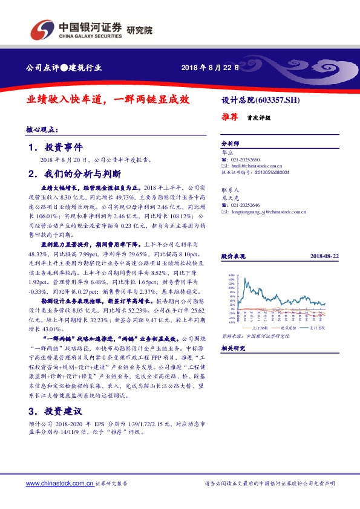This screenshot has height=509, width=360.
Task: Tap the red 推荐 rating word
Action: [230, 118]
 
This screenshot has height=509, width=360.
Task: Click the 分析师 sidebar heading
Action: [231, 143]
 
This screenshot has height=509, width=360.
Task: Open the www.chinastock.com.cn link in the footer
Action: [59, 484]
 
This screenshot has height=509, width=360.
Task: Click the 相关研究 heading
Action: [232, 348]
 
